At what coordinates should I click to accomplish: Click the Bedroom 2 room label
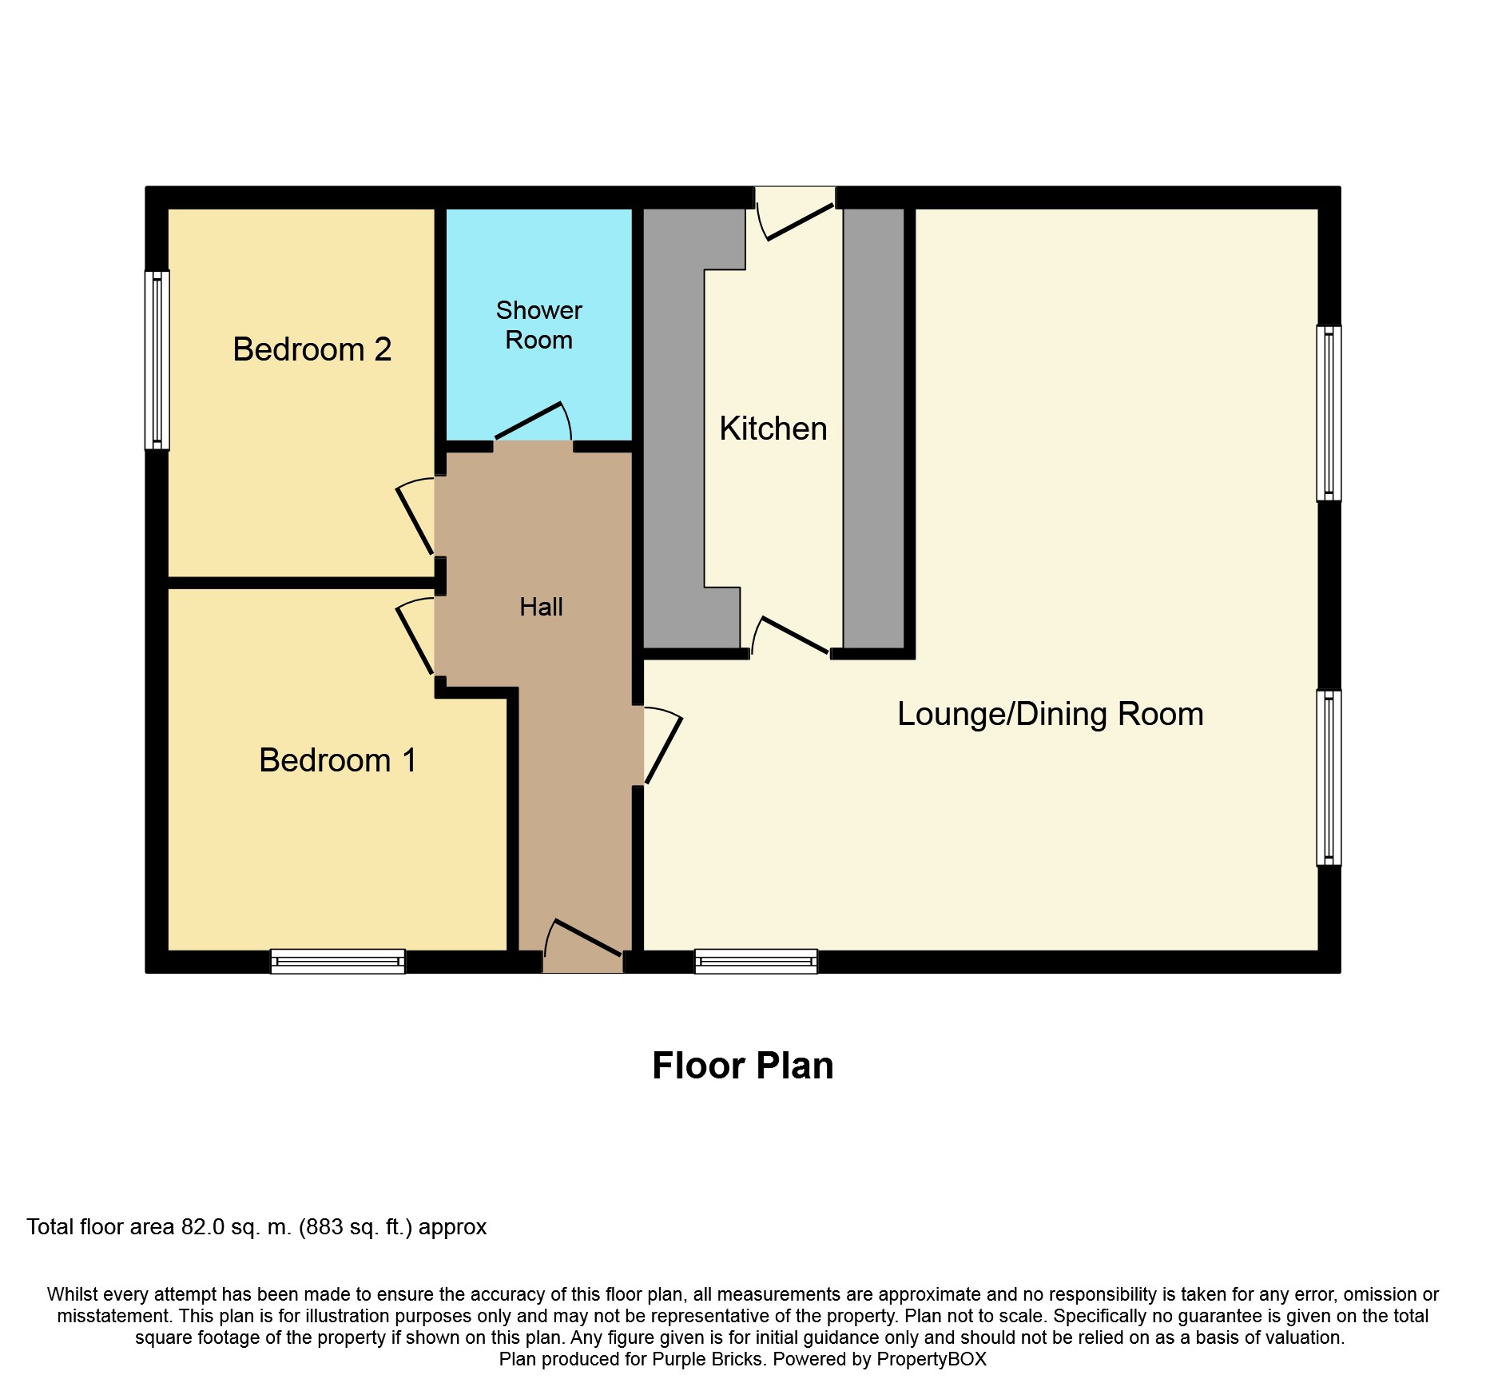pyautogui.click(x=312, y=349)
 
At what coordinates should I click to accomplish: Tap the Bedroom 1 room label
pyautogui.click(x=337, y=760)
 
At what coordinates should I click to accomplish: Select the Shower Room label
pyautogui.click(x=539, y=325)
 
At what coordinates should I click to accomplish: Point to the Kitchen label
pyautogui.click(x=773, y=428)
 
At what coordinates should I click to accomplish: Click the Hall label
pyautogui.click(x=541, y=607)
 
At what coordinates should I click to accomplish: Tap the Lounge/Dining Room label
pyautogui.click(x=1050, y=714)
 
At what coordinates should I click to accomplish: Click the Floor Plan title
pyautogui.click(x=743, y=1066)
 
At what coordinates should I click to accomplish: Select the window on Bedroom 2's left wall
pyautogui.click(x=157, y=360)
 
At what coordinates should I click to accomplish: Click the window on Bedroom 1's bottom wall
pyautogui.click(x=338, y=961)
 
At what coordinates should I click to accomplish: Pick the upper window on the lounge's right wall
pyautogui.click(x=1329, y=413)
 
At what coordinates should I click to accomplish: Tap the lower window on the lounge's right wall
pyautogui.click(x=1329, y=778)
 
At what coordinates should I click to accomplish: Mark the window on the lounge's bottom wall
pyautogui.click(x=756, y=961)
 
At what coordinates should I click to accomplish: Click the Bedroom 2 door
pyautogui.click(x=415, y=516)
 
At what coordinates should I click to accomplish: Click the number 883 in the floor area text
pyautogui.click(x=326, y=1227)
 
